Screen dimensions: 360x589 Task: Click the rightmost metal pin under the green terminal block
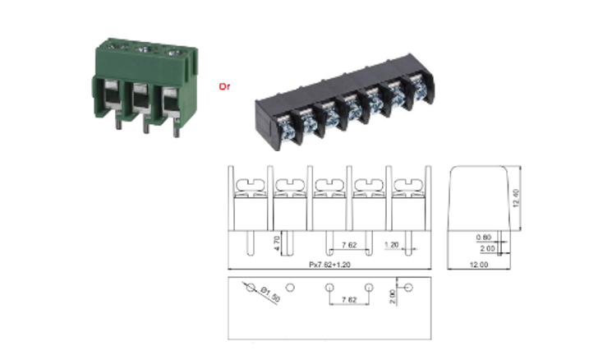coord(175,126)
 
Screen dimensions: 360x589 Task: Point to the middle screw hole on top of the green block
coord(140,51)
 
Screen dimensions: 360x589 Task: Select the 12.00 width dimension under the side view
coord(478,265)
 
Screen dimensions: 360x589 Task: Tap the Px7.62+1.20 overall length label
coord(328,265)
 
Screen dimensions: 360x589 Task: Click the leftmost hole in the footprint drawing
coord(247,288)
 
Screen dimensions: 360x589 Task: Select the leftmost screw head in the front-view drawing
coord(247,187)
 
